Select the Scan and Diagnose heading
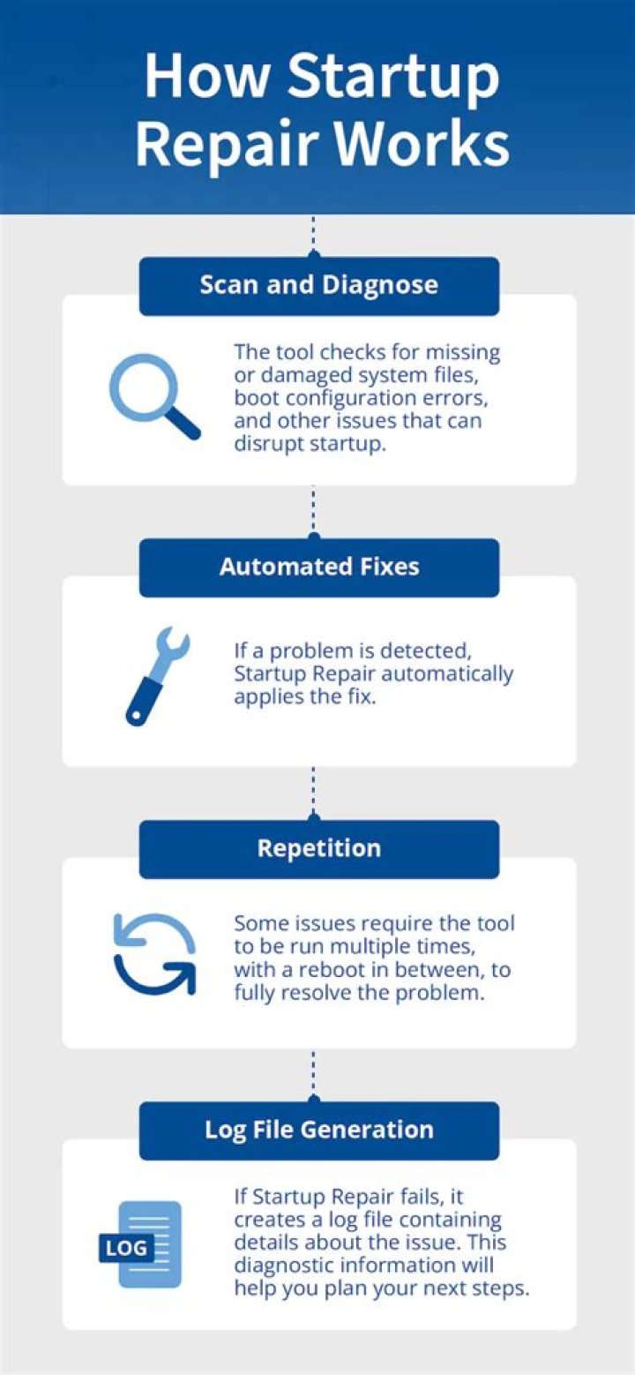(x=318, y=285)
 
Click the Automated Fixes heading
(x=318, y=567)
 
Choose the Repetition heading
(x=318, y=848)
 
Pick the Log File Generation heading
(x=318, y=1130)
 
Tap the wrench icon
(x=157, y=675)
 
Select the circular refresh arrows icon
(x=154, y=954)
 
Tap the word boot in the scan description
(x=253, y=398)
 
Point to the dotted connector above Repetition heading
(x=314, y=792)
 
